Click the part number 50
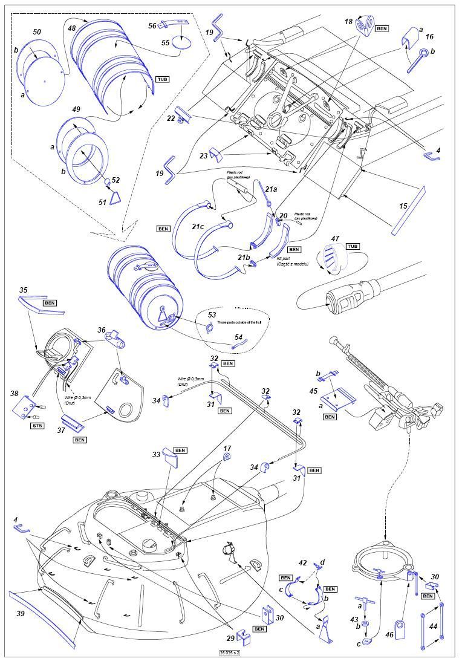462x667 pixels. click(x=36, y=30)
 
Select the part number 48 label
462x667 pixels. click(x=72, y=28)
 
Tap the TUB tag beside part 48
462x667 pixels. click(x=162, y=79)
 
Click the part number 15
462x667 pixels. click(x=403, y=206)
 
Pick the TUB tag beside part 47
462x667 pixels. click(x=353, y=246)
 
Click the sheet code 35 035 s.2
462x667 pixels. click(x=230, y=654)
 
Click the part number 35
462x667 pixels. click(x=24, y=290)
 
